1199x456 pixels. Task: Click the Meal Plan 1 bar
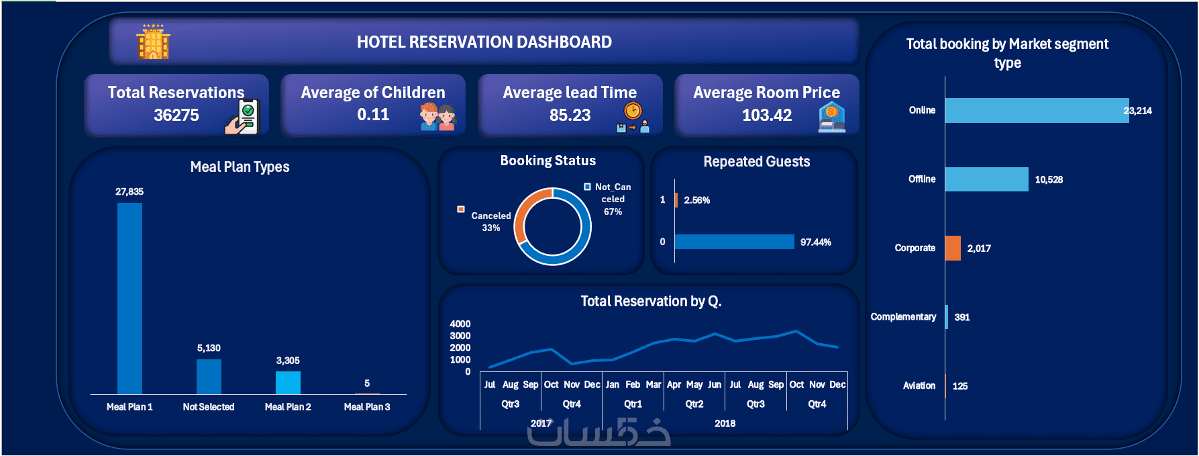(129, 298)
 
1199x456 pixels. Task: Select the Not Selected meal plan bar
(209, 377)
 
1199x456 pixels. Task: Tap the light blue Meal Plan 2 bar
(288, 383)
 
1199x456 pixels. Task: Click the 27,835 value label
(129, 191)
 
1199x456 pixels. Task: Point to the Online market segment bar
(1036, 110)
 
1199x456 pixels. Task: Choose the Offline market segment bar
(986, 179)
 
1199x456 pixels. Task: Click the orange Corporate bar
(953, 248)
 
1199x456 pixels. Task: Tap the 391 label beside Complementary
(962, 317)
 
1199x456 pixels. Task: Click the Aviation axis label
(919, 385)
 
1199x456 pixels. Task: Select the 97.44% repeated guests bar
(734, 242)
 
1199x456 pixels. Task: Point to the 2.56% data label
(697, 200)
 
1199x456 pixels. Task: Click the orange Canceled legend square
(461, 209)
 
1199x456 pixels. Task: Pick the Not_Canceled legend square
(588, 187)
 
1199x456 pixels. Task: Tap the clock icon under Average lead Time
(633, 111)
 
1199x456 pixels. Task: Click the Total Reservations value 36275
(176, 115)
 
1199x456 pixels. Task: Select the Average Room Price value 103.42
(767, 115)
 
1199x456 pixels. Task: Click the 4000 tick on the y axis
(460, 324)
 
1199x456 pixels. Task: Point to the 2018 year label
(725, 423)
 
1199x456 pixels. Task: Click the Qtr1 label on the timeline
(633, 404)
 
